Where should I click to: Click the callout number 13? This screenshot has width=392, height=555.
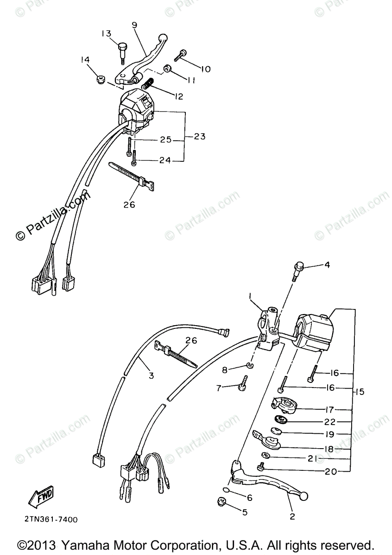(x=106, y=33)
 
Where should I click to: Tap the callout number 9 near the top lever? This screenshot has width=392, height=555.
(x=134, y=25)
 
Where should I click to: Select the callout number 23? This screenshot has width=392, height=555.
(x=200, y=136)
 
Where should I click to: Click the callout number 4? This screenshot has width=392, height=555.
(x=327, y=265)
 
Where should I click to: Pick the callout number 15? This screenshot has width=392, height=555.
(x=360, y=392)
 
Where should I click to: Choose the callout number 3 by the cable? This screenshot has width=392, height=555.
(x=151, y=376)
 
